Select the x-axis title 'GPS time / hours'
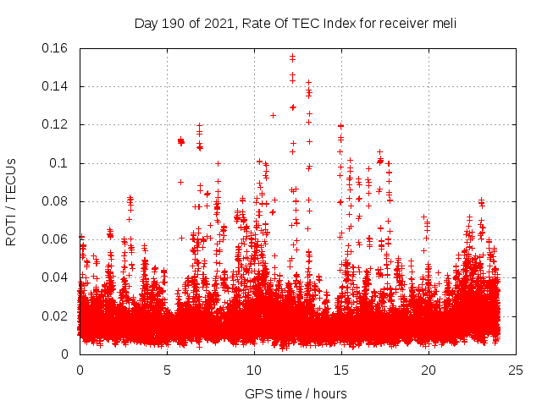point(296,393)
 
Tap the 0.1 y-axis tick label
point(62,162)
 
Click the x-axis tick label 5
point(167,370)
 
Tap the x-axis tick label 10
point(254,370)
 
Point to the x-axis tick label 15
point(341,370)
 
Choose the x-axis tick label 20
point(429,370)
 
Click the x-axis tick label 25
point(516,370)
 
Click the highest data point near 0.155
point(292,57)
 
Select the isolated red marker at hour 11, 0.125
point(273,115)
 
